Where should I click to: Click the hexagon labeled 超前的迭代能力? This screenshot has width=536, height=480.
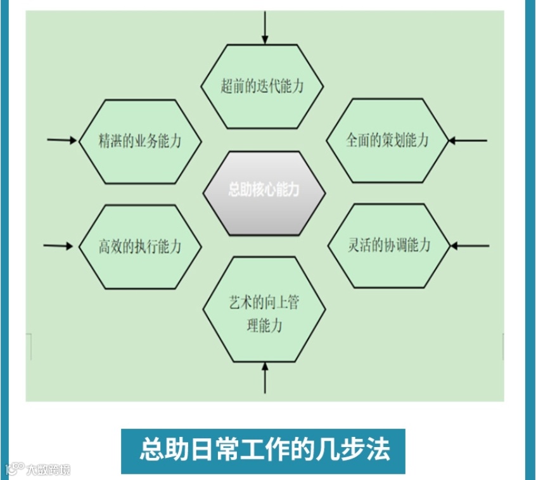click(262, 86)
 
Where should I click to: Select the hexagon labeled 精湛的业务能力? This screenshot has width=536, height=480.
click(140, 141)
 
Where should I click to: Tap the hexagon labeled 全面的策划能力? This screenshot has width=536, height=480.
click(387, 141)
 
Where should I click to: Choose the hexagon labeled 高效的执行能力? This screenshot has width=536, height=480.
click(140, 246)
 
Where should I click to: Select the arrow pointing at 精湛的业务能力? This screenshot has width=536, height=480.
click(62, 140)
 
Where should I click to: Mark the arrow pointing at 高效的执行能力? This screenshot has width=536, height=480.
click(60, 245)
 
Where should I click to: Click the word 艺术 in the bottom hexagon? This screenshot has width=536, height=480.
click(239, 302)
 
